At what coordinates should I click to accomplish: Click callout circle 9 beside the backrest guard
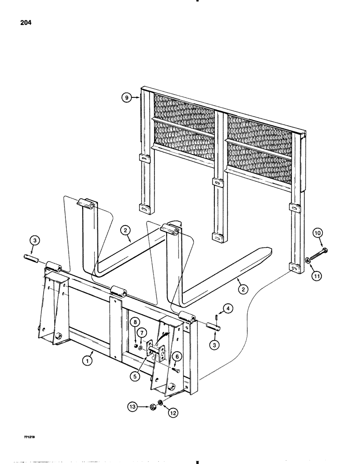pyautogui.click(x=125, y=97)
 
